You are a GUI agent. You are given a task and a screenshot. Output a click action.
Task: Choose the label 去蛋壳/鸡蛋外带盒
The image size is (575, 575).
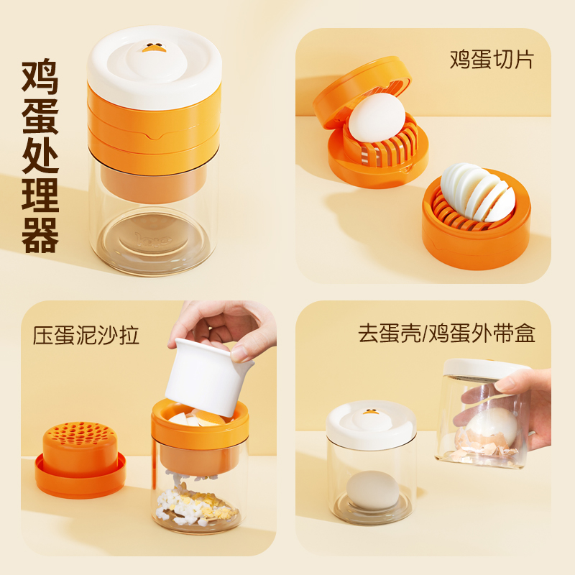point(446,334)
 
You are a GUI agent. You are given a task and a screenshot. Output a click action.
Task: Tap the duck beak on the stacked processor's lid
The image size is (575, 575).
point(152,48)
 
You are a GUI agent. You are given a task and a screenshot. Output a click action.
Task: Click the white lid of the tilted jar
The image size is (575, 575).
point(485,367)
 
